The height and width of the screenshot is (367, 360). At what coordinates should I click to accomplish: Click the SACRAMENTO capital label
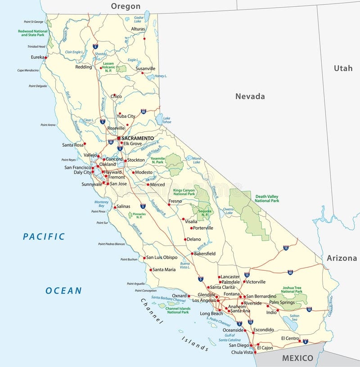coord(138,138)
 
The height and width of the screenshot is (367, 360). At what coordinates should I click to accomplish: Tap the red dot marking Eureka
coord(46,58)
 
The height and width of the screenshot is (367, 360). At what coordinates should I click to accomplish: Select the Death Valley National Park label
coord(267,198)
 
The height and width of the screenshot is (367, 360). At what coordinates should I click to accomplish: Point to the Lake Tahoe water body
coord(159,119)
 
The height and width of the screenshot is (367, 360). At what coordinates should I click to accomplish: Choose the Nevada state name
coord(250,96)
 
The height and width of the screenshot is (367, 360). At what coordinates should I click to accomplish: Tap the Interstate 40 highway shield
coord(290,272)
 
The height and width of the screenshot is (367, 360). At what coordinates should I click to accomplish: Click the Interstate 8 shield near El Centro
coord(305,342)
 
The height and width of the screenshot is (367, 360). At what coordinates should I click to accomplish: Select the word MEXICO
coord(297,358)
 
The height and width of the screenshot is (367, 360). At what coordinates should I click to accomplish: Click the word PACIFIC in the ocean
coord(44,237)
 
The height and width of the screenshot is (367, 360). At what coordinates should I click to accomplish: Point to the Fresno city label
coord(175,201)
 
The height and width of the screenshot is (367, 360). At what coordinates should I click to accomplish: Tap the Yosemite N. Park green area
coord(174,165)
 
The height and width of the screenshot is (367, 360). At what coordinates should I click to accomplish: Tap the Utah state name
coord(343,68)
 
